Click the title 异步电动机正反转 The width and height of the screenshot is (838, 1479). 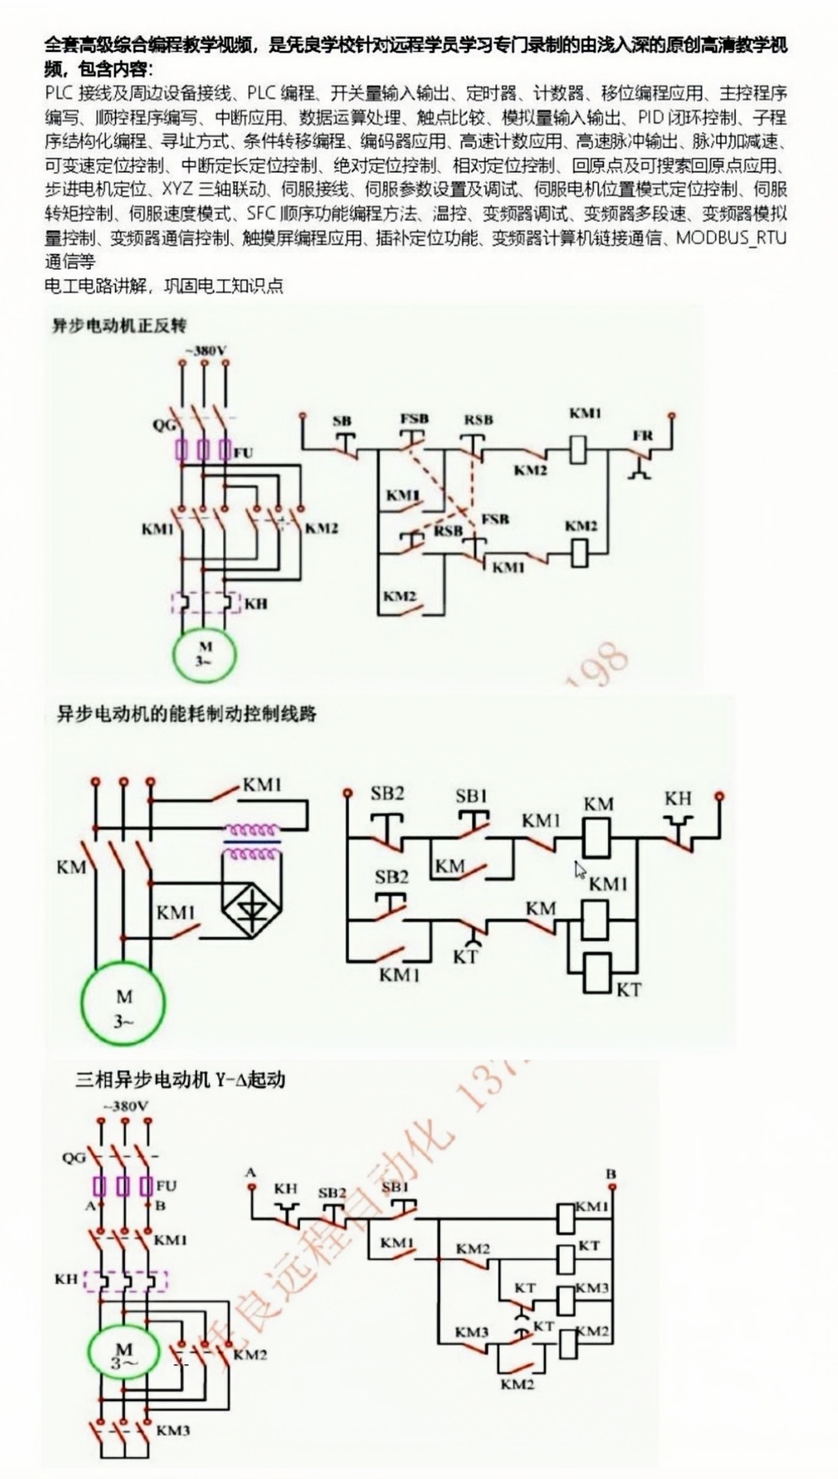tap(120, 326)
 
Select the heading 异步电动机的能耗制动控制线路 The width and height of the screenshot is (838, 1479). tap(186, 714)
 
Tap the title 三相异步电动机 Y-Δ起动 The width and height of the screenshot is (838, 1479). tap(180, 1080)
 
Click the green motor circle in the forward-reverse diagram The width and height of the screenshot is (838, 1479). tap(205, 652)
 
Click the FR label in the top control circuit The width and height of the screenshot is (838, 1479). tap(642, 436)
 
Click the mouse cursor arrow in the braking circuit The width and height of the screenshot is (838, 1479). tap(580, 870)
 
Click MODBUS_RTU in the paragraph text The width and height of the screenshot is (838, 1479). tap(732, 238)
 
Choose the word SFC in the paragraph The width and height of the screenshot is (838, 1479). tap(262, 214)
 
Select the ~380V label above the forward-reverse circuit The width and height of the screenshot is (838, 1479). tap(204, 351)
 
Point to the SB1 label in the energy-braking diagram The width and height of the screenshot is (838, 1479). tap(471, 796)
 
